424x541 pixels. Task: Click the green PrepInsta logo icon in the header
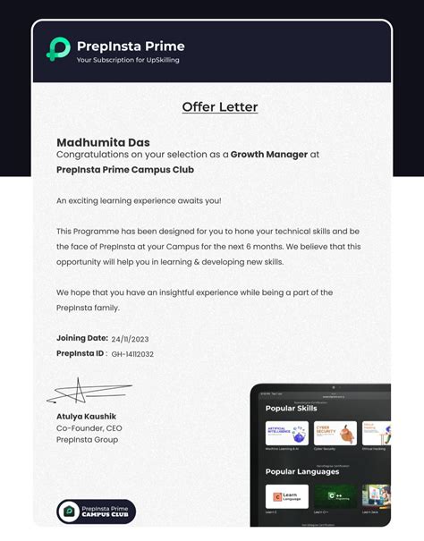click(x=58, y=49)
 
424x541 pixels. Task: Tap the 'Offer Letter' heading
click(x=219, y=107)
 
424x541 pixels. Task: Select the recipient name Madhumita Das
click(x=103, y=142)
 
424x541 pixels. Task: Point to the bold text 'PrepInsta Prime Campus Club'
click(x=124, y=169)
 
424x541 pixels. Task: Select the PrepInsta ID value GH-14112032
click(x=132, y=354)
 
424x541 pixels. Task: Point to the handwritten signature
click(x=85, y=392)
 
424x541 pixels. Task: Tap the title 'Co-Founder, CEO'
click(x=89, y=428)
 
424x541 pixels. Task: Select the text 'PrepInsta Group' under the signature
click(x=87, y=440)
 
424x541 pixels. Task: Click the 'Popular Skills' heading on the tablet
click(x=292, y=408)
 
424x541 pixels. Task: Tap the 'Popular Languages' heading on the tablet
click(x=301, y=471)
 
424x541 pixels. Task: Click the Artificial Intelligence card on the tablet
click(x=286, y=433)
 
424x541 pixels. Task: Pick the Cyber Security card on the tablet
click(x=335, y=433)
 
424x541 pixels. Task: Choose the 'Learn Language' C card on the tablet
click(x=286, y=495)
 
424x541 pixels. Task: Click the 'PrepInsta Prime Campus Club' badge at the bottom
click(x=96, y=511)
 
